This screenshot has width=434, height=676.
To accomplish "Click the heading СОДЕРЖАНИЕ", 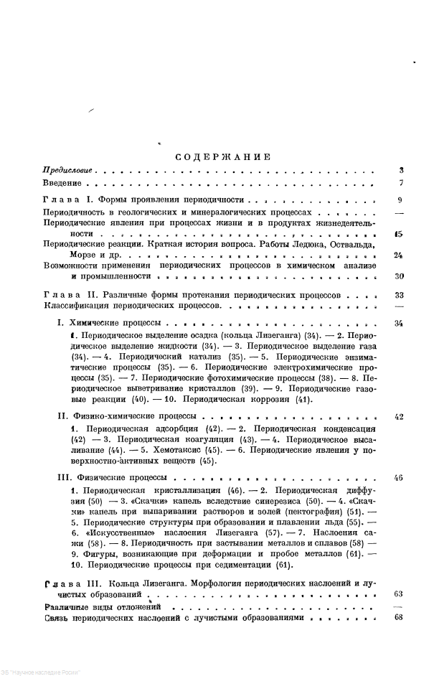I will (x=222, y=157).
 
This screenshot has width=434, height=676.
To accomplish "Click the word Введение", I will (x=61, y=185).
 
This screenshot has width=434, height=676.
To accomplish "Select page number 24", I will (x=399, y=255).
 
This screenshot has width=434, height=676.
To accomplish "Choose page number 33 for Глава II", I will (x=400, y=295).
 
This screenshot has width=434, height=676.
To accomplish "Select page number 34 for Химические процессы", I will (x=400, y=324).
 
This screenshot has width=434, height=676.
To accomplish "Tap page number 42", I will (x=400, y=416).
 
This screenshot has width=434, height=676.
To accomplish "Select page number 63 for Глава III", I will (x=400, y=595).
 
